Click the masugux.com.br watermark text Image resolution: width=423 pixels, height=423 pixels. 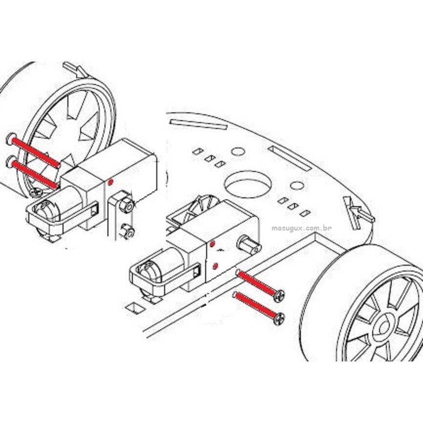[301, 228]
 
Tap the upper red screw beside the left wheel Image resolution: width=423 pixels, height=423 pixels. [33, 150]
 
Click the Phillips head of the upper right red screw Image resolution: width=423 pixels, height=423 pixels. [279, 296]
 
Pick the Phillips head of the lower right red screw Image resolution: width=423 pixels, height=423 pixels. [279, 318]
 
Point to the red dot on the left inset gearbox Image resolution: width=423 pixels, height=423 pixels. [110, 183]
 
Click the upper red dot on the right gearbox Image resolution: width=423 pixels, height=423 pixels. [212, 244]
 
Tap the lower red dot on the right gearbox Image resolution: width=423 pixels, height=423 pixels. [215, 267]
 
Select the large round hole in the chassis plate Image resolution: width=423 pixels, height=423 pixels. [247, 184]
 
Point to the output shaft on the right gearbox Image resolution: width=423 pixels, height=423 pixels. [249, 245]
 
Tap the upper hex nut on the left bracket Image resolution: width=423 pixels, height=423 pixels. [127, 206]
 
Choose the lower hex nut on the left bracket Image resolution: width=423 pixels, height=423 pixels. [127, 232]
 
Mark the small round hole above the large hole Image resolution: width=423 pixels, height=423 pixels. [238, 151]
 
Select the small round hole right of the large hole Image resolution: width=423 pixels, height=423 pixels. [297, 185]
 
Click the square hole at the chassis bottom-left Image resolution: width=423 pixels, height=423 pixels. [136, 308]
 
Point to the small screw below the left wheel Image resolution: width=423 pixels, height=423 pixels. [36, 192]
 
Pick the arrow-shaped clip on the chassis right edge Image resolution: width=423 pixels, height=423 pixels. [358, 211]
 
